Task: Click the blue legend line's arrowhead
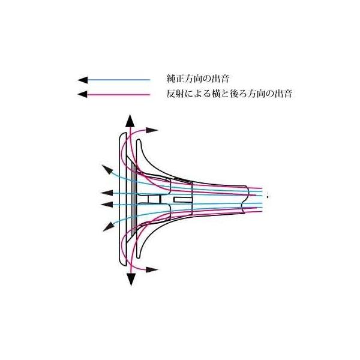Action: point(83,80)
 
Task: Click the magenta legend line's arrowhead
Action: point(83,94)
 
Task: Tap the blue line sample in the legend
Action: point(119,80)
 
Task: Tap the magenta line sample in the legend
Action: point(119,94)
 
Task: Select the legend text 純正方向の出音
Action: point(197,79)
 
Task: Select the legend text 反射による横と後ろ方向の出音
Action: point(229,94)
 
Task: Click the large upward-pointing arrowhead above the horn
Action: point(130,121)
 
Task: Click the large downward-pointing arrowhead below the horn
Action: point(131,278)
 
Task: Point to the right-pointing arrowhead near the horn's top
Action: point(152,130)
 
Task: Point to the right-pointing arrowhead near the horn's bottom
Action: point(152,269)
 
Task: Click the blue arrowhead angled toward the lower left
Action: point(109,226)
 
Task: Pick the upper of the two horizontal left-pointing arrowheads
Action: point(107,193)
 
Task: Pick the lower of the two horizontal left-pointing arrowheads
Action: point(107,205)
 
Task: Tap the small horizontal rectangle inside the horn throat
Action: point(183,200)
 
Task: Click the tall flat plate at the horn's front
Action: point(123,200)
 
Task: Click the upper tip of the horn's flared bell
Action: point(138,140)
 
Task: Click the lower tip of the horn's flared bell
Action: point(139,257)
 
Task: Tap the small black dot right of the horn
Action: point(268,196)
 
